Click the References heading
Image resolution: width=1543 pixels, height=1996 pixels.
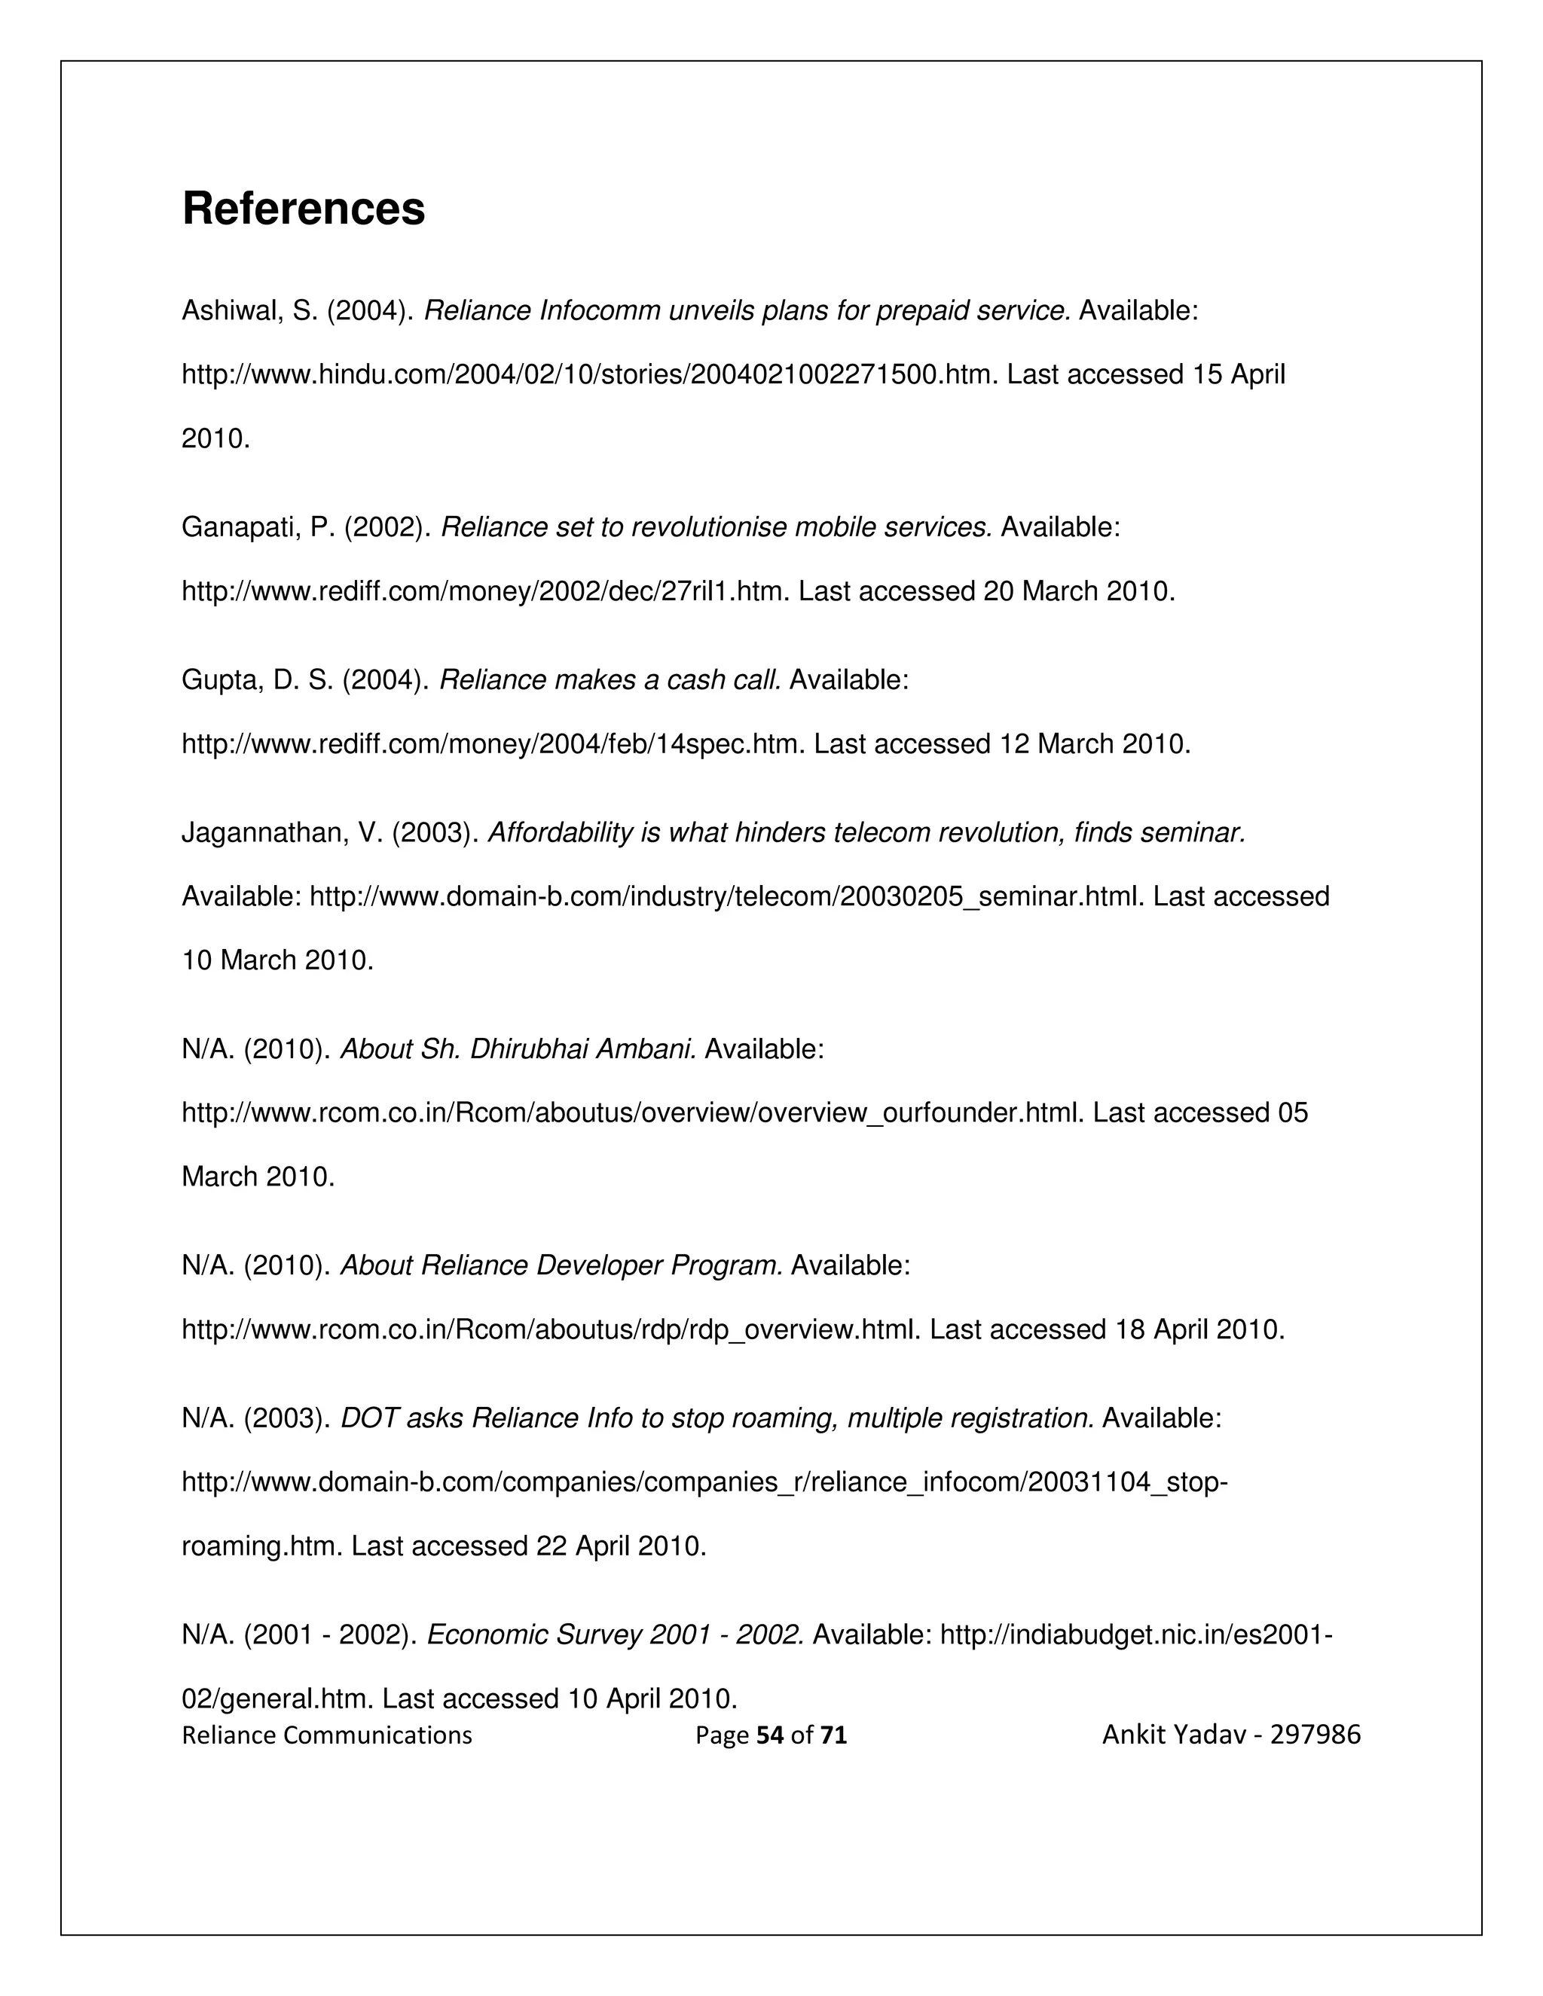(x=304, y=209)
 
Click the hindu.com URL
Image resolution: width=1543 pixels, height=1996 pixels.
(x=590, y=374)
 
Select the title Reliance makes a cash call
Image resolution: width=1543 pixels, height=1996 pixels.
(x=610, y=680)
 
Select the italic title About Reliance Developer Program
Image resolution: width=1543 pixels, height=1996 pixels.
(x=561, y=1266)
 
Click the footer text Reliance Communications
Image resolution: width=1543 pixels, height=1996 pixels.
(x=327, y=1735)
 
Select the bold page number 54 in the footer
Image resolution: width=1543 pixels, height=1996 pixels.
(x=771, y=1735)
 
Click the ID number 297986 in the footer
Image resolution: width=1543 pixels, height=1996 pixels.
(x=1315, y=1734)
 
